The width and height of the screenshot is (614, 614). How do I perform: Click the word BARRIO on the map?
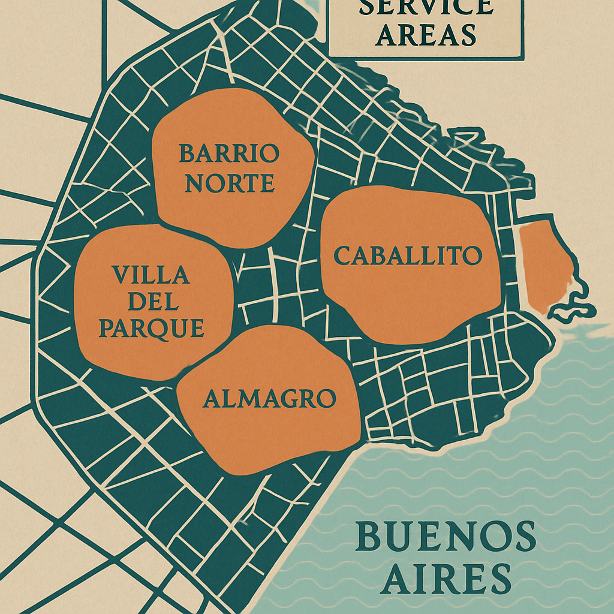229,154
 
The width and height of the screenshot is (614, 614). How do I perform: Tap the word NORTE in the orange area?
229,183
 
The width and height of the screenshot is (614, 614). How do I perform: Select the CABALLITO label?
408,256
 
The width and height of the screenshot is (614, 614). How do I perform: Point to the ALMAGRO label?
269,399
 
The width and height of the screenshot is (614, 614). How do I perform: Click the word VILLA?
151,275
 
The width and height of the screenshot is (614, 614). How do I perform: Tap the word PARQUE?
151,328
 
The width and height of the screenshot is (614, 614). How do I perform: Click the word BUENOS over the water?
446,537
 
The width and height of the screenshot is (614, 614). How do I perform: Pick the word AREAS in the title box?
428,35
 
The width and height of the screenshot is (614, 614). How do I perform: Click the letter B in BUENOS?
368,537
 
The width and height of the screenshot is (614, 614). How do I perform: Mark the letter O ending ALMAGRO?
326,399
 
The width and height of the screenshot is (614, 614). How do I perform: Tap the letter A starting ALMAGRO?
212,399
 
